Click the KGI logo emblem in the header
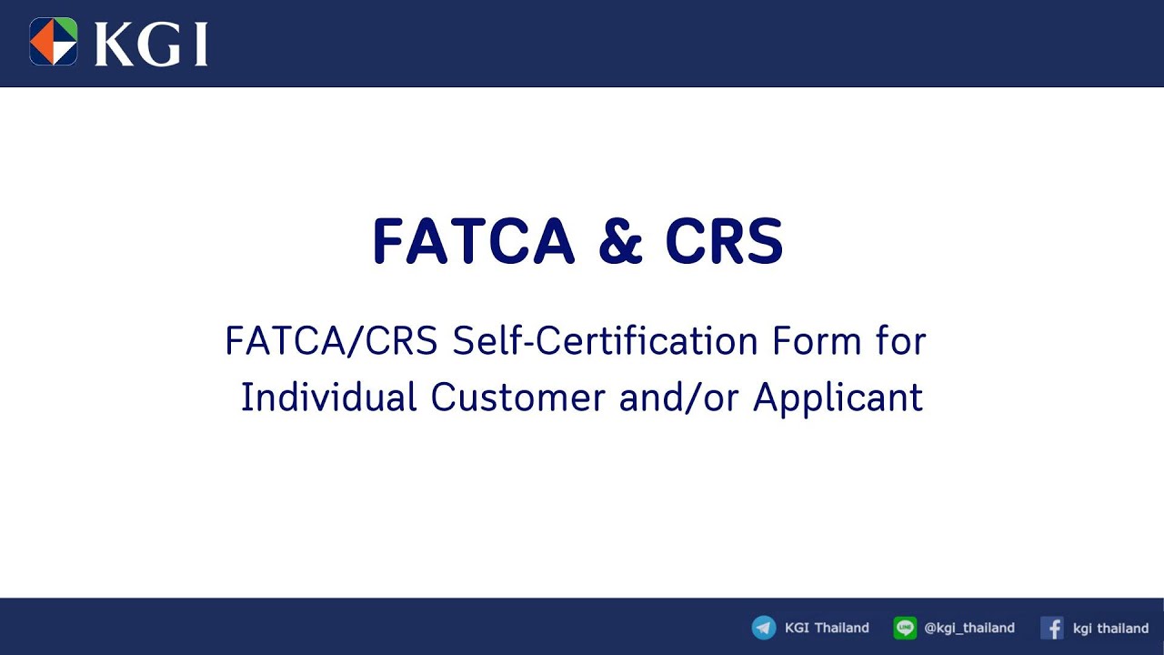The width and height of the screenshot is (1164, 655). [x=54, y=42]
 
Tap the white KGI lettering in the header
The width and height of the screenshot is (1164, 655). [x=151, y=44]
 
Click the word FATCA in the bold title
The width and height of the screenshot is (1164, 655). [x=473, y=242]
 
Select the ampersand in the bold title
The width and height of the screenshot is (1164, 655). [x=619, y=242]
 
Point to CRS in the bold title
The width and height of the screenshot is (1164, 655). [x=724, y=242]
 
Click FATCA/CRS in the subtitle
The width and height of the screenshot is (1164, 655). [x=332, y=342]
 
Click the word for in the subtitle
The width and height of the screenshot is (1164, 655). [x=901, y=342]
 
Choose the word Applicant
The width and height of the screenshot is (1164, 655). [x=838, y=398]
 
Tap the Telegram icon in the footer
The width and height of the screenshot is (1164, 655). [x=764, y=628]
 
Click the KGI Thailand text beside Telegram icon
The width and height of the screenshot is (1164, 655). [x=827, y=628]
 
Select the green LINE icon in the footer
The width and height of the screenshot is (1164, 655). [x=905, y=628]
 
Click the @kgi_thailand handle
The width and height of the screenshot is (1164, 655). [x=968, y=628]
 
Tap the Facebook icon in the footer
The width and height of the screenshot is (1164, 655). [x=1052, y=628]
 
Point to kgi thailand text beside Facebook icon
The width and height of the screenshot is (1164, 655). [x=1110, y=628]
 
